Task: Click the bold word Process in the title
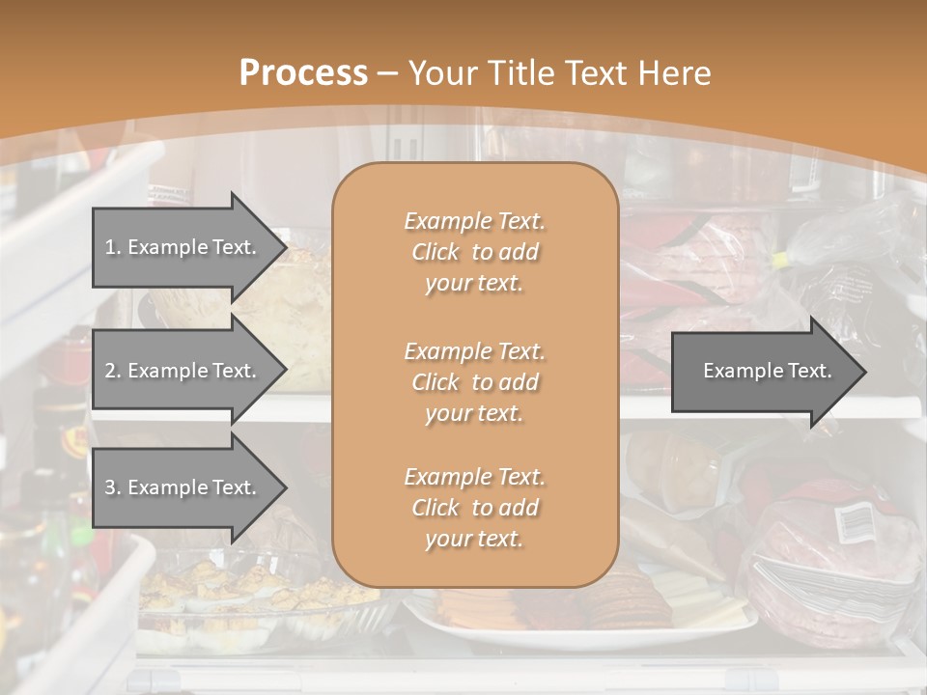[303, 73]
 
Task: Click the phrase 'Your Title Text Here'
[560, 73]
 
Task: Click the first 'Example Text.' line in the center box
[474, 221]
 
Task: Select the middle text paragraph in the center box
[474, 382]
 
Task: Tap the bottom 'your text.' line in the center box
[474, 540]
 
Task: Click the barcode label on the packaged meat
[854, 522]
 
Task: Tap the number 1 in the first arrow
[109, 247]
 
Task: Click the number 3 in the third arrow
[109, 487]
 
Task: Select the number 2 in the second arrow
[109, 371]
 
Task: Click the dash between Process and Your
[388, 73]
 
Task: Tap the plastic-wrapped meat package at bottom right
[830, 550]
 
